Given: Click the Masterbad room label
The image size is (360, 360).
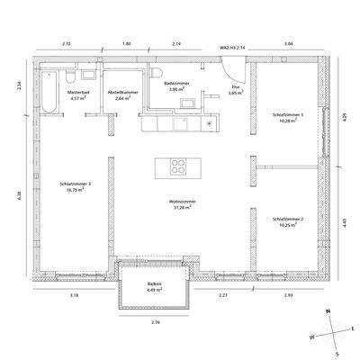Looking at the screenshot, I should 78,93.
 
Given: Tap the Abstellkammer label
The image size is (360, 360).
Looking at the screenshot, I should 121,93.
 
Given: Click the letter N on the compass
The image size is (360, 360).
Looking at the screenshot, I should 329,309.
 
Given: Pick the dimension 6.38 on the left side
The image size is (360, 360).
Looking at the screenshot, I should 19,194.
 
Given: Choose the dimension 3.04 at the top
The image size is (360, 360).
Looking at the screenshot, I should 287,43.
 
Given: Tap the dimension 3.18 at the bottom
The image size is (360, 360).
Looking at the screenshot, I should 74,294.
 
